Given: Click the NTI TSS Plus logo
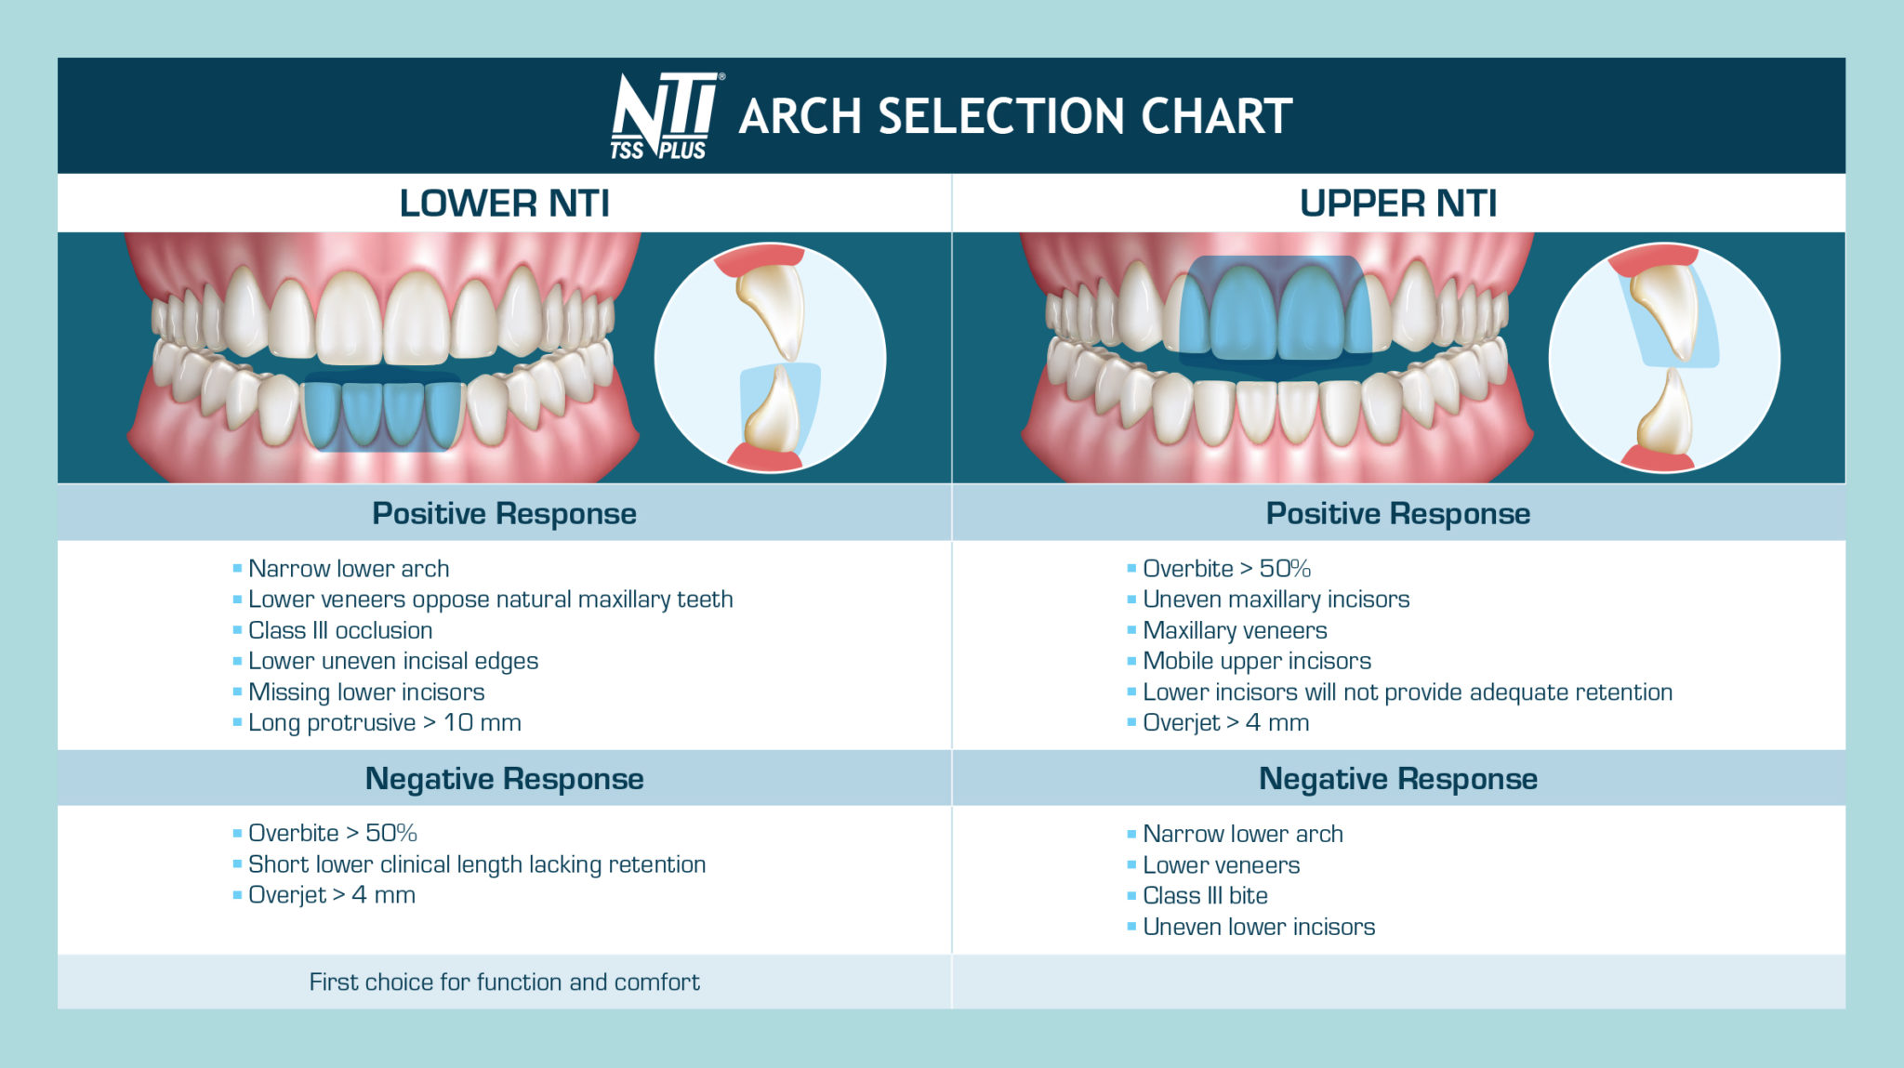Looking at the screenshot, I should click(x=665, y=116).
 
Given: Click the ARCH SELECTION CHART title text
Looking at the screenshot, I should click(x=1015, y=117).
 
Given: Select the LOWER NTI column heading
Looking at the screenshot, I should click(x=504, y=203).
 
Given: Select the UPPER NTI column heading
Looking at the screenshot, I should click(x=1397, y=203).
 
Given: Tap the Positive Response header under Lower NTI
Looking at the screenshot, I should click(x=504, y=513).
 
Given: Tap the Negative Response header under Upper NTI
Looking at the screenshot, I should click(x=1397, y=778).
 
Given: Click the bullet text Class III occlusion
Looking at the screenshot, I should click(x=339, y=630).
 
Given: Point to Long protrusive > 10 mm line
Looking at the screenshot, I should click(x=384, y=722).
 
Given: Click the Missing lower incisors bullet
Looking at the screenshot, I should click(x=365, y=692).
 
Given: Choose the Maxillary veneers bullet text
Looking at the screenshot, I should click(x=1234, y=630).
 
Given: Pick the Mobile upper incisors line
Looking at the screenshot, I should click(x=1256, y=661).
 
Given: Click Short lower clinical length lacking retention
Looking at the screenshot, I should click(x=476, y=864).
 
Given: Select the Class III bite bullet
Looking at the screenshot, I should click(x=1205, y=895).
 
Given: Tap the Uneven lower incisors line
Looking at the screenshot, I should click(x=1258, y=927).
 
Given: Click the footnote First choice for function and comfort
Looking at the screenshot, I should click(x=504, y=982).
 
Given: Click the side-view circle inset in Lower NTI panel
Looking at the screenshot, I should click(x=770, y=358).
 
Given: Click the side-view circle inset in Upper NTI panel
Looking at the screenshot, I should click(x=1664, y=358).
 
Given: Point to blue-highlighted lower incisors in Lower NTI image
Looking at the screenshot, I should click(x=383, y=414).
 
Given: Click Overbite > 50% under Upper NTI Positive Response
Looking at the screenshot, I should click(x=1225, y=568).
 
